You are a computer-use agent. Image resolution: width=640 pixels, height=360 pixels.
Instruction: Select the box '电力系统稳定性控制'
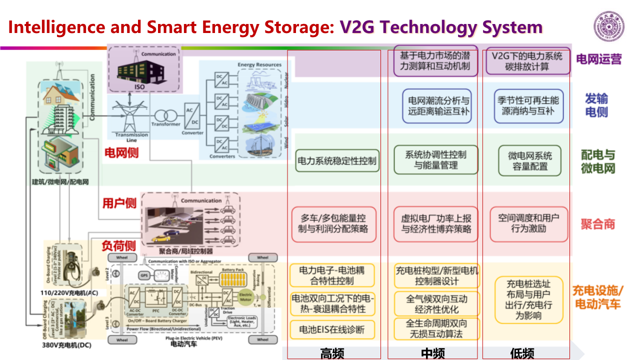pos(337,161)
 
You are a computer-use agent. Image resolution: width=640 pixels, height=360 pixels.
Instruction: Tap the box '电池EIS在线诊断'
pos(332,329)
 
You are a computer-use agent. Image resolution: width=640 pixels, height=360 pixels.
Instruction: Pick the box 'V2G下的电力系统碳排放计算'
pos(527,61)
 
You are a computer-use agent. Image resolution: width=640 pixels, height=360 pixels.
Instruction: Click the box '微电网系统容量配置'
pos(530,161)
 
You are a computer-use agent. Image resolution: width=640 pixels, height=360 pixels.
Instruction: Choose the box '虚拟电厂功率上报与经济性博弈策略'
pos(436,224)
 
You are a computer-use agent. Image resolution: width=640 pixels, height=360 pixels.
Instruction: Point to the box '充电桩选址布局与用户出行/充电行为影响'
pos(530,299)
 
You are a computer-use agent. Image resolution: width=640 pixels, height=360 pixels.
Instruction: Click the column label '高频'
pos(332,353)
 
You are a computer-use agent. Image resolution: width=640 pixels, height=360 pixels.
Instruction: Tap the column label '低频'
pos(522,353)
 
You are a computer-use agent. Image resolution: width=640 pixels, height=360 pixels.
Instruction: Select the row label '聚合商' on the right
pos(597,224)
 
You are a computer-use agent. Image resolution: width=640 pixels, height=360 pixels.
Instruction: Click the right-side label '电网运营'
pos(598,59)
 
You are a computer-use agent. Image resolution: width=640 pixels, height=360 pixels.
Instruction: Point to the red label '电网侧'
pos(121,153)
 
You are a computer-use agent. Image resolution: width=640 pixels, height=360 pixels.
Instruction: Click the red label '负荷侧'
pos(118,245)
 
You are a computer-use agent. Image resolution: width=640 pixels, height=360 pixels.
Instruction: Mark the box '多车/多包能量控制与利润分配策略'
pos(333,224)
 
